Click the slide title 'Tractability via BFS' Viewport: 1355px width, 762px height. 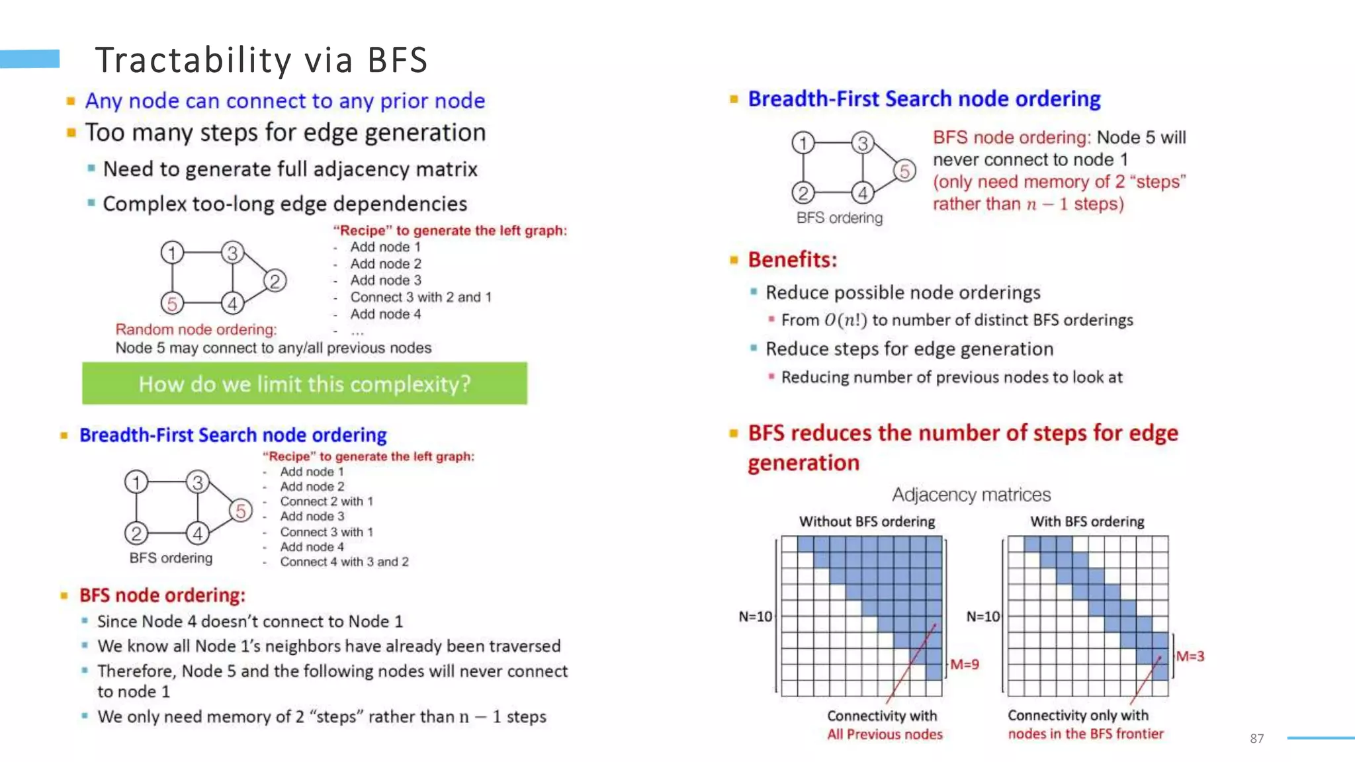(x=261, y=60)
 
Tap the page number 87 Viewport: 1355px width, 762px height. (x=1256, y=739)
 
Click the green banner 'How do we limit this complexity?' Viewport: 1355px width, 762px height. (x=304, y=384)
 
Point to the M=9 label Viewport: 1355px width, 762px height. (x=964, y=664)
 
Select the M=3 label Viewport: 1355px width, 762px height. (x=1190, y=656)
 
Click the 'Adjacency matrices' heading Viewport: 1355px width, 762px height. (x=971, y=495)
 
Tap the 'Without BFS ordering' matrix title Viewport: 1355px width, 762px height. (x=867, y=521)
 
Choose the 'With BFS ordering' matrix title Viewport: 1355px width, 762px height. (x=1087, y=521)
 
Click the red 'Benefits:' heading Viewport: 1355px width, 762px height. (x=792, y=260)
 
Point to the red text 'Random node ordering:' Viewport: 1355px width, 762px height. (x=196, y=329)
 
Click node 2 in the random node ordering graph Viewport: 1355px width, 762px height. (x=275, y=281)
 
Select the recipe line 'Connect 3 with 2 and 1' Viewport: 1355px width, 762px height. (x=421, y=297)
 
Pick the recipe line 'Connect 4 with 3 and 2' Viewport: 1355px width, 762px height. (x=344, y=562)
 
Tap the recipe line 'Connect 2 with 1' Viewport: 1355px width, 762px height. (x=326, y=501)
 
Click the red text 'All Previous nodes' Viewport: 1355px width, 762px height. (x=885, y=734)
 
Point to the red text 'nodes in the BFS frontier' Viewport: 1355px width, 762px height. (x=1085, y=734)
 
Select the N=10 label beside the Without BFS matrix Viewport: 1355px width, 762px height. (x=755, y=616)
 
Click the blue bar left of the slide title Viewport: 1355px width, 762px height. (x=30, y=59)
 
